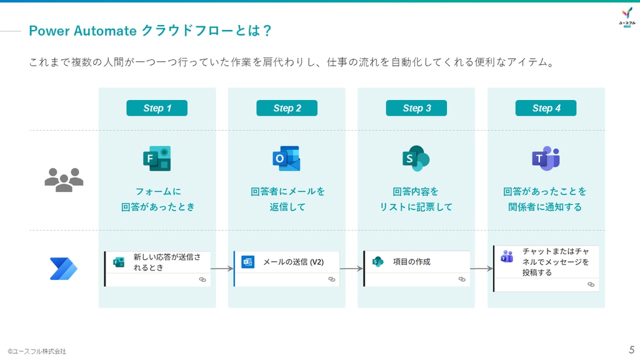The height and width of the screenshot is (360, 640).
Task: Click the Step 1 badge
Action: pyautogui.click(x=157, y=108)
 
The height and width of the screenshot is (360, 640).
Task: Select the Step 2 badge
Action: pyautogui.click(x=286, y=108)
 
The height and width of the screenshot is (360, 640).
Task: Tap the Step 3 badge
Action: pyautogui.click(x=416, y=108)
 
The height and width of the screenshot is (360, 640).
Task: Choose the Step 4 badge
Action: pyautogui.click(x=546, y=108)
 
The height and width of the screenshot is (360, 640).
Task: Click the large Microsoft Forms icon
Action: pyautogui.click(x=157, y=158)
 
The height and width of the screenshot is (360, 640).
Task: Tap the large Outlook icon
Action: pyautogui.click(x=286, y=158)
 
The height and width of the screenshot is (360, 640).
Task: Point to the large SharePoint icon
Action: pyautogui.click(x=416, y=158)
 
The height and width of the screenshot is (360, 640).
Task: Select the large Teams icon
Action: pyautogui.click(x=546, y=158)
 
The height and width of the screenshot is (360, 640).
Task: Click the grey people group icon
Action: pyautogui.click(x=64, y=179)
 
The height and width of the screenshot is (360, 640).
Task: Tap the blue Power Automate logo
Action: pyautogui.click(x=63, y=269)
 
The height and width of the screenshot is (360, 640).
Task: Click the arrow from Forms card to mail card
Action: pyautogui.click(x=222, y=269)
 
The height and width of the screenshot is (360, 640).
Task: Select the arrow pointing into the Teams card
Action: pyautogui.click(x=482, y=269)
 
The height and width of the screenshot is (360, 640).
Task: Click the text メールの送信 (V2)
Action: pyautogui.click(x=293, y=262)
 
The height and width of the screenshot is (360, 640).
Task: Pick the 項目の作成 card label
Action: pyautogui.click(x=411, y=262)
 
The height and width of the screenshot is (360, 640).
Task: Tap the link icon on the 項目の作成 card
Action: pyautogui.click(x=462, y=279)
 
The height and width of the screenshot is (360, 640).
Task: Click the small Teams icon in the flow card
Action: pyautogui.click(x=507, y=256)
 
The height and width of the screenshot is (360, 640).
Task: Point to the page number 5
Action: pyautogui.click(x=631, y=350)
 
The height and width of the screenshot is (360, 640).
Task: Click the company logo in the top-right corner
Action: pyautogui.click(x=627, y=17)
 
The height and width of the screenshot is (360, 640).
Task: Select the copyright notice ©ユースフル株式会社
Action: pyautogui.click(x=37, y=351)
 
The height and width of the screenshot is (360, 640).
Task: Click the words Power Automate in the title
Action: pyautogui.click(x=82, y=31)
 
